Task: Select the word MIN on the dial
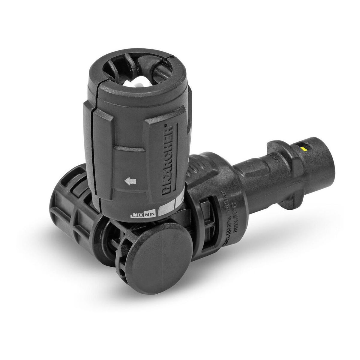click(x=149, y=214)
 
